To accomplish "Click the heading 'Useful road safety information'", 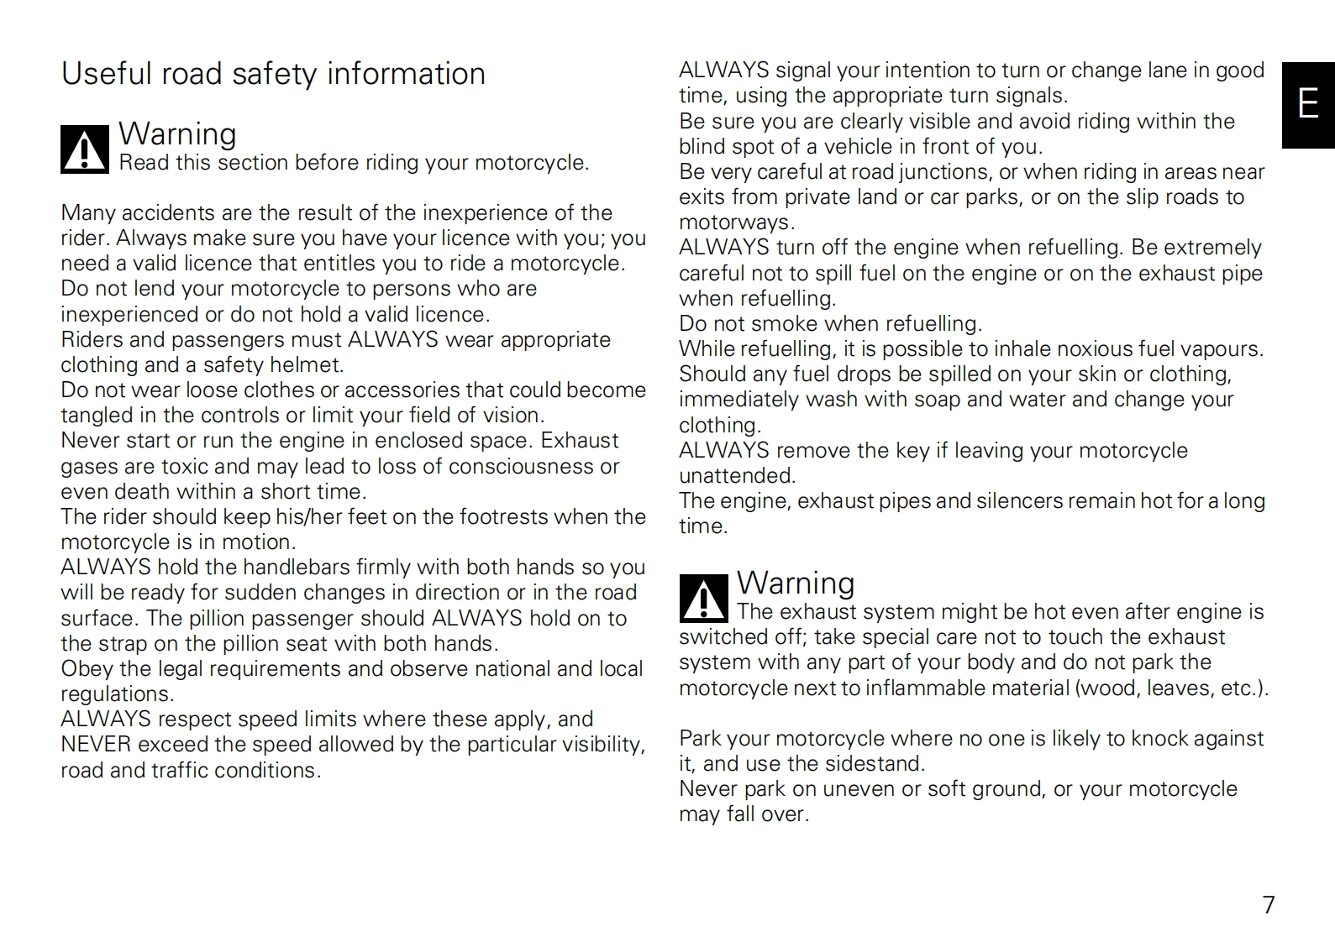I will click(273, 74).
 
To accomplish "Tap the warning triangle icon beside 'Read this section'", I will click(84, 149).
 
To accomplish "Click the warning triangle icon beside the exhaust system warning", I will click(703, 599).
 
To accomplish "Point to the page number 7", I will click(1269, 904).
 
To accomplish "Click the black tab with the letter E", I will click(1307, 105).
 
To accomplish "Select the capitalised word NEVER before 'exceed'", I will click(96, 745).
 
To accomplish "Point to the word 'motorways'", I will click(735, 222).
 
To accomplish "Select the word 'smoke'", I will click(766, 324).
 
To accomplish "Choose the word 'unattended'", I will click(736, 476).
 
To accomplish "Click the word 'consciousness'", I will click(522, 467).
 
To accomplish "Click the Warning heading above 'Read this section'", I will click(177, 133).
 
